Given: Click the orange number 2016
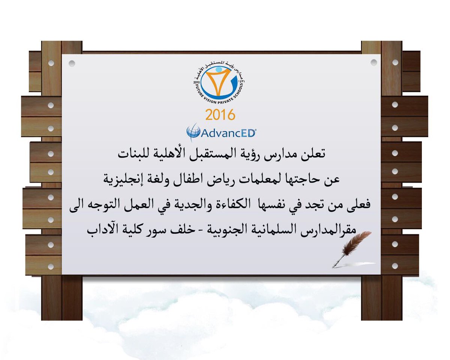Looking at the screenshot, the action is pos(220,115).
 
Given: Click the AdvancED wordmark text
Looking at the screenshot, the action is pos(228,133).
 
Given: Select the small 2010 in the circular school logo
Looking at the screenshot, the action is pos(196,82).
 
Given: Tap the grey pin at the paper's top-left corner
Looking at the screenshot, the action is pos(72,63).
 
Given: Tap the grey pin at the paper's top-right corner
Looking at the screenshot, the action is pos(373,62).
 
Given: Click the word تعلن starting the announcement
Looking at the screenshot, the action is pos(313,154).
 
